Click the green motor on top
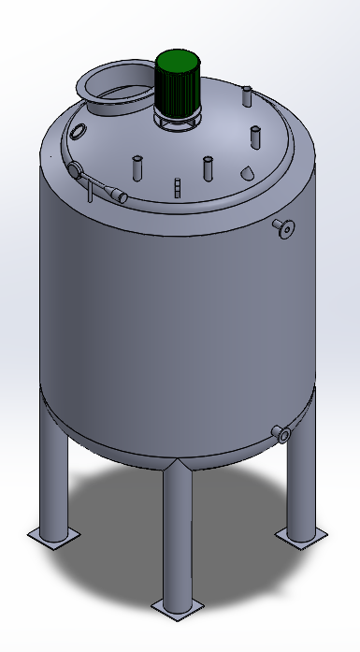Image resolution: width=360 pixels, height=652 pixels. pos(178,81)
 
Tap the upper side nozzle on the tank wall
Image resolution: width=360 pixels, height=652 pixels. pos(282,226)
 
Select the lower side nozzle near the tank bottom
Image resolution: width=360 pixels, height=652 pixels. pos(281,432)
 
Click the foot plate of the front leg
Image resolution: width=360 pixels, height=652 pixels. pos(177,607)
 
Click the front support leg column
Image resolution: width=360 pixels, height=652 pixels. pos(177,533)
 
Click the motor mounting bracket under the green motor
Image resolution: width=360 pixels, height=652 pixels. pos(177,122)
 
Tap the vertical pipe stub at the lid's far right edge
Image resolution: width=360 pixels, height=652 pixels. pos(253,136)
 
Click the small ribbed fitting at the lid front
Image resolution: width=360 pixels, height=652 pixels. pos(176,188)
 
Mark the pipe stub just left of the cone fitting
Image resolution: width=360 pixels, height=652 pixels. pos(208,169)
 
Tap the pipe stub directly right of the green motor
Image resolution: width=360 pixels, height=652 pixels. pos(247,96)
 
